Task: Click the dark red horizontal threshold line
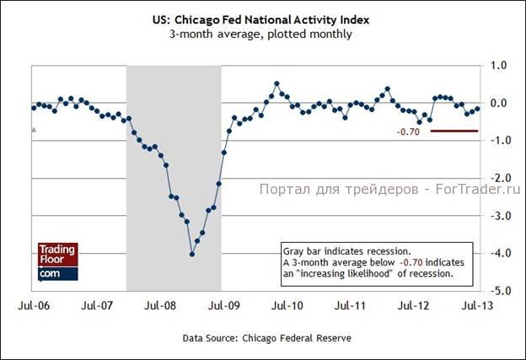point(454,131)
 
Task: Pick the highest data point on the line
point(277,83)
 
